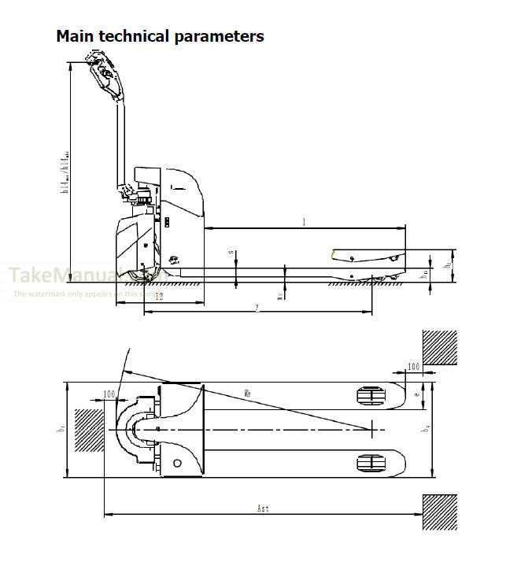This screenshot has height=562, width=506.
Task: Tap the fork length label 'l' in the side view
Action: (x=304, y=222)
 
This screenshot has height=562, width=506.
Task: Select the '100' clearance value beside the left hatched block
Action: (x=109, y=393)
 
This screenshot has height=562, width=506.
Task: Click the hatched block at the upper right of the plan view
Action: (x=439, y=347)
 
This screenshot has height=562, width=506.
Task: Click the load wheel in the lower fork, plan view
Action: (x=369, y=463)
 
